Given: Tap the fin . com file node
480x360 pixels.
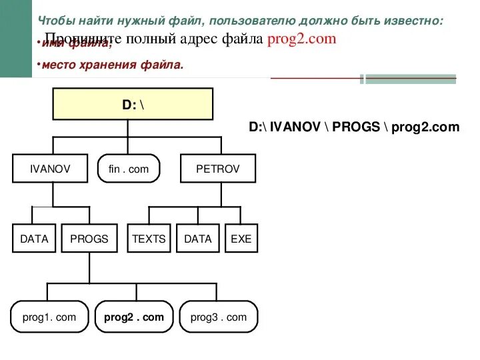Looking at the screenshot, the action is click(129, 169).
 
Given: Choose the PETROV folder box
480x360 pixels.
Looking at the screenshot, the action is click(217, 169).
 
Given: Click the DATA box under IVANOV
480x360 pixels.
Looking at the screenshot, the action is click(34, 239).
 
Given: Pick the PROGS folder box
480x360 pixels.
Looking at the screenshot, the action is click(89, 239).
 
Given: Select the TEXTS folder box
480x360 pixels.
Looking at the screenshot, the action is click(149, 239).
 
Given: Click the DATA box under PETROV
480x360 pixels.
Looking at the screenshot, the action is click(197, 239).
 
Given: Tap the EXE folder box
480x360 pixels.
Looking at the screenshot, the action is click(241, 239).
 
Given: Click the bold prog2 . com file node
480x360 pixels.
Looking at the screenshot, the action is click(133, 317).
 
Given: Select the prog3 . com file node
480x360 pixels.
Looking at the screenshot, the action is click(218, 317).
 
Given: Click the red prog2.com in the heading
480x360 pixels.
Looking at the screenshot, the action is click(301, 39).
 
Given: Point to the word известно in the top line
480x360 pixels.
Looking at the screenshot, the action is click(413, 21).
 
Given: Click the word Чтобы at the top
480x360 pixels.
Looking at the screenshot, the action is click(55, 21).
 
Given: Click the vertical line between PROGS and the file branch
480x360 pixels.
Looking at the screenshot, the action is click(89, 267).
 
